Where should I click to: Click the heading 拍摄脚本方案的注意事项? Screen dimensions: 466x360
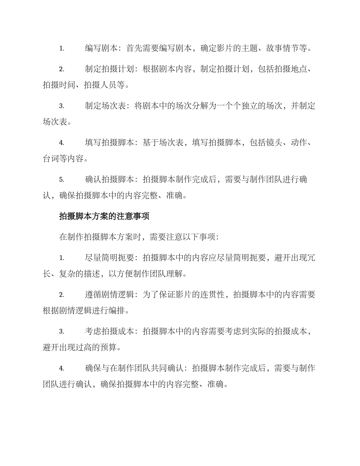104,216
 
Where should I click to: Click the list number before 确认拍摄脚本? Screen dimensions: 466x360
61,180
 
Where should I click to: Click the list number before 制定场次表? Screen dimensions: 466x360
61,106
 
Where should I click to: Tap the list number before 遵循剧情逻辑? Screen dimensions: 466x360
61,294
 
